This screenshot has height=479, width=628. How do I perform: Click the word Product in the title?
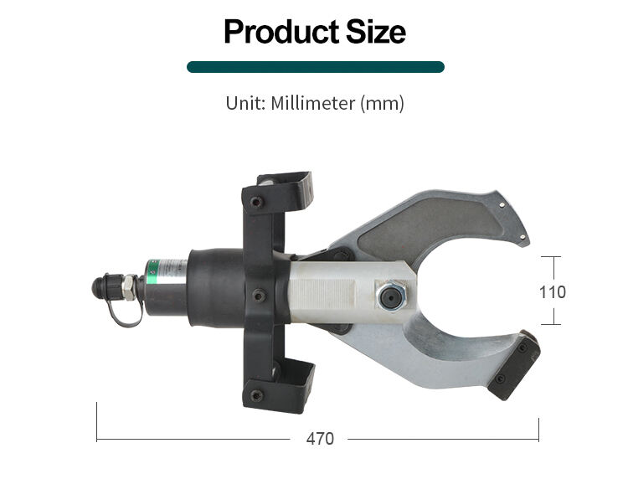[281, 32]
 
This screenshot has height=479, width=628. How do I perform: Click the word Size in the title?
[376, 32]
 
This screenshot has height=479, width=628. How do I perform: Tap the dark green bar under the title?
[316, 67]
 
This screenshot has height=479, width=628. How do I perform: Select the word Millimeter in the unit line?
[313, 103]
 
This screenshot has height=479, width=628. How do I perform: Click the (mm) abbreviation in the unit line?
[382, 104]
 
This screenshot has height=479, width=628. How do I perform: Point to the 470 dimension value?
[320, 439]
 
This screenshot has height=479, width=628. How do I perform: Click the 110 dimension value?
[553, 292]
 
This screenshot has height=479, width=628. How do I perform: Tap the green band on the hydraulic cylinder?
[152, 272]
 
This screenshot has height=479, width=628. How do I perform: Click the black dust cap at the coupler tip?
[99, 287]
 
